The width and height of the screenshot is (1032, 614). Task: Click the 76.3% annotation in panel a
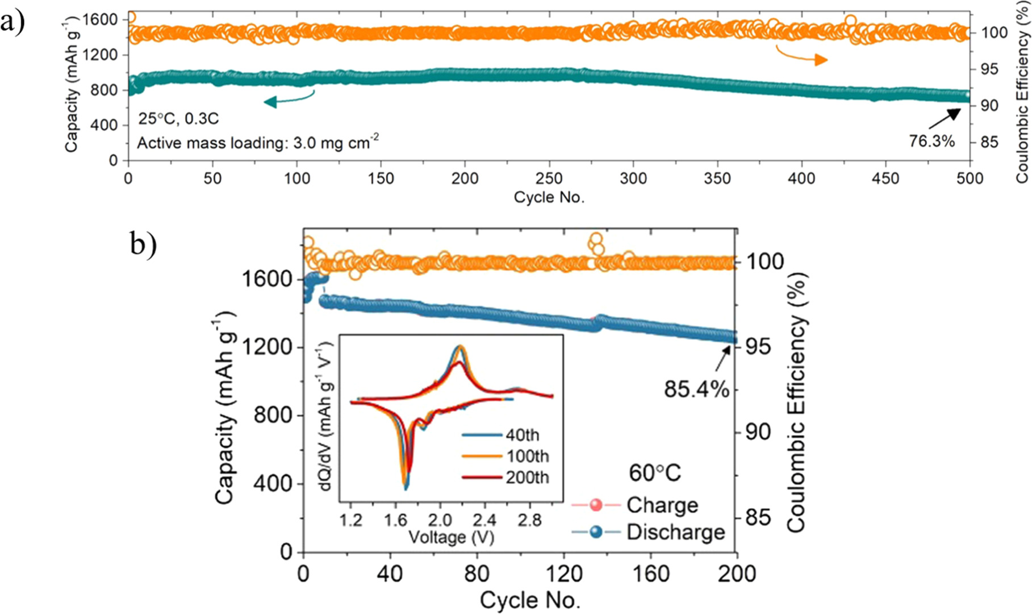click(931, 141)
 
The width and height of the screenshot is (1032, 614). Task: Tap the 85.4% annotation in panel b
click(696, 389)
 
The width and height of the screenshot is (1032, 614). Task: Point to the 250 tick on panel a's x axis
click(549, 178)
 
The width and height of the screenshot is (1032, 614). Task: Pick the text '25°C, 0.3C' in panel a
click(178, 119)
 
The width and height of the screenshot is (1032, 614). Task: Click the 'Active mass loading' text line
click(257, 142)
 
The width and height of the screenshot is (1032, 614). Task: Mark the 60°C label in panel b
click(654, 473)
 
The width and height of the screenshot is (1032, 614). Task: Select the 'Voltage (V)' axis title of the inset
click(451, 537)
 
